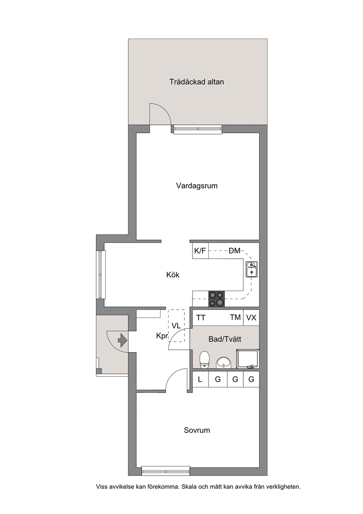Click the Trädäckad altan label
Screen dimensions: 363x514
(x=197, y=82)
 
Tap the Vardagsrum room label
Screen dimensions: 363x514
(x=197, y=186)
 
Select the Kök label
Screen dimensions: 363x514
(x=173, y=275)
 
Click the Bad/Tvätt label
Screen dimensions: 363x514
(x=225, y=339)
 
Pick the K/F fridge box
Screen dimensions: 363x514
(x=200, y=251)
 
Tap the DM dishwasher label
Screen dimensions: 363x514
(x=235, y=251)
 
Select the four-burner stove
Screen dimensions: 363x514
(x=217, y=299)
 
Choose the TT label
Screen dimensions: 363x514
(x=201, y=318)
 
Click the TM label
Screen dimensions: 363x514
(x=235, y=317)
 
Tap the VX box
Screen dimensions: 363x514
(x=251, y=318)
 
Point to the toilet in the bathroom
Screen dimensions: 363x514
(x=204, y=359)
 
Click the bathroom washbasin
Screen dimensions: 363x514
(x=224, y=363)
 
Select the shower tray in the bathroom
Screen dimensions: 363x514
(x=248, y=359)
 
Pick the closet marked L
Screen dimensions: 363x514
(x=200, y=379)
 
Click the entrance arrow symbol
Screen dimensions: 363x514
(x=122, y=340)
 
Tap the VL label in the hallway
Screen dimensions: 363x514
(x=176, y=326)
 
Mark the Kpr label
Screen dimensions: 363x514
(x=162, y=336)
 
